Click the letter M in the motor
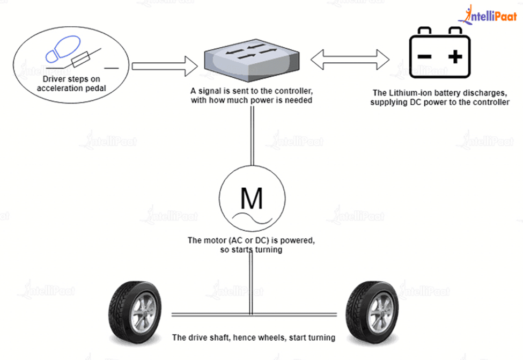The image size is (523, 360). tap(251, 199)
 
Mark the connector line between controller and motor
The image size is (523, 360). tap(251, 134)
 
